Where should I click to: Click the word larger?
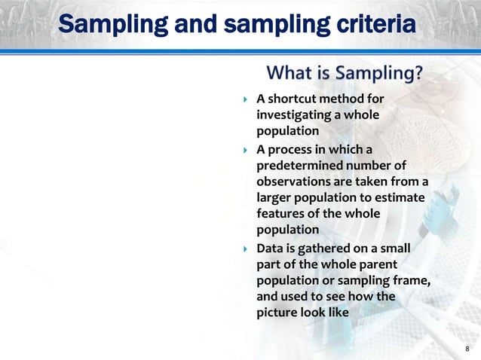tap(275, 198)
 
